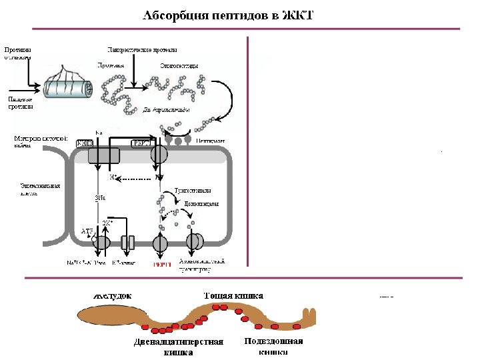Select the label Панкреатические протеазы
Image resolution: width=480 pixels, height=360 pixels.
click(x=142, y=50)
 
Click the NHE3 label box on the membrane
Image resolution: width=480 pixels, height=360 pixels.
click(x=85, y=143)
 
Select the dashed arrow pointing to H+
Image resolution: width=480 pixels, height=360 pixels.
click(x=134, y=179)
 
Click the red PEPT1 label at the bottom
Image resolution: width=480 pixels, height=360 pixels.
click(x=162, y=263)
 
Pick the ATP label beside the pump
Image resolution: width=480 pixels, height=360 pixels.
click(x=87, y=231)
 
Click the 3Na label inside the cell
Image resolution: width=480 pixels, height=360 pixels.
click(x=101, y=198)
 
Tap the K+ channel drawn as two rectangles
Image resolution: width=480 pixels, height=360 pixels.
click(x=129, y=242)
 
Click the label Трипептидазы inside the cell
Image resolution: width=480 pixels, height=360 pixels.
click(x=192, y=190)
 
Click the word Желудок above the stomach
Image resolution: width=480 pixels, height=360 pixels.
click(x=111, y=295)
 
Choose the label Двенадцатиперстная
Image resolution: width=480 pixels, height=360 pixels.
click(x=178, y=342)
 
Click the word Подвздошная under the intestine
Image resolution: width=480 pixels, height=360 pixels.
click(x=273, y=341)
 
